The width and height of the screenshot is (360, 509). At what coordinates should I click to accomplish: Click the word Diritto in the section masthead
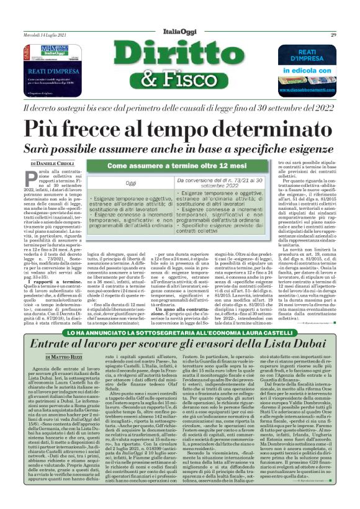click(180, 57)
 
